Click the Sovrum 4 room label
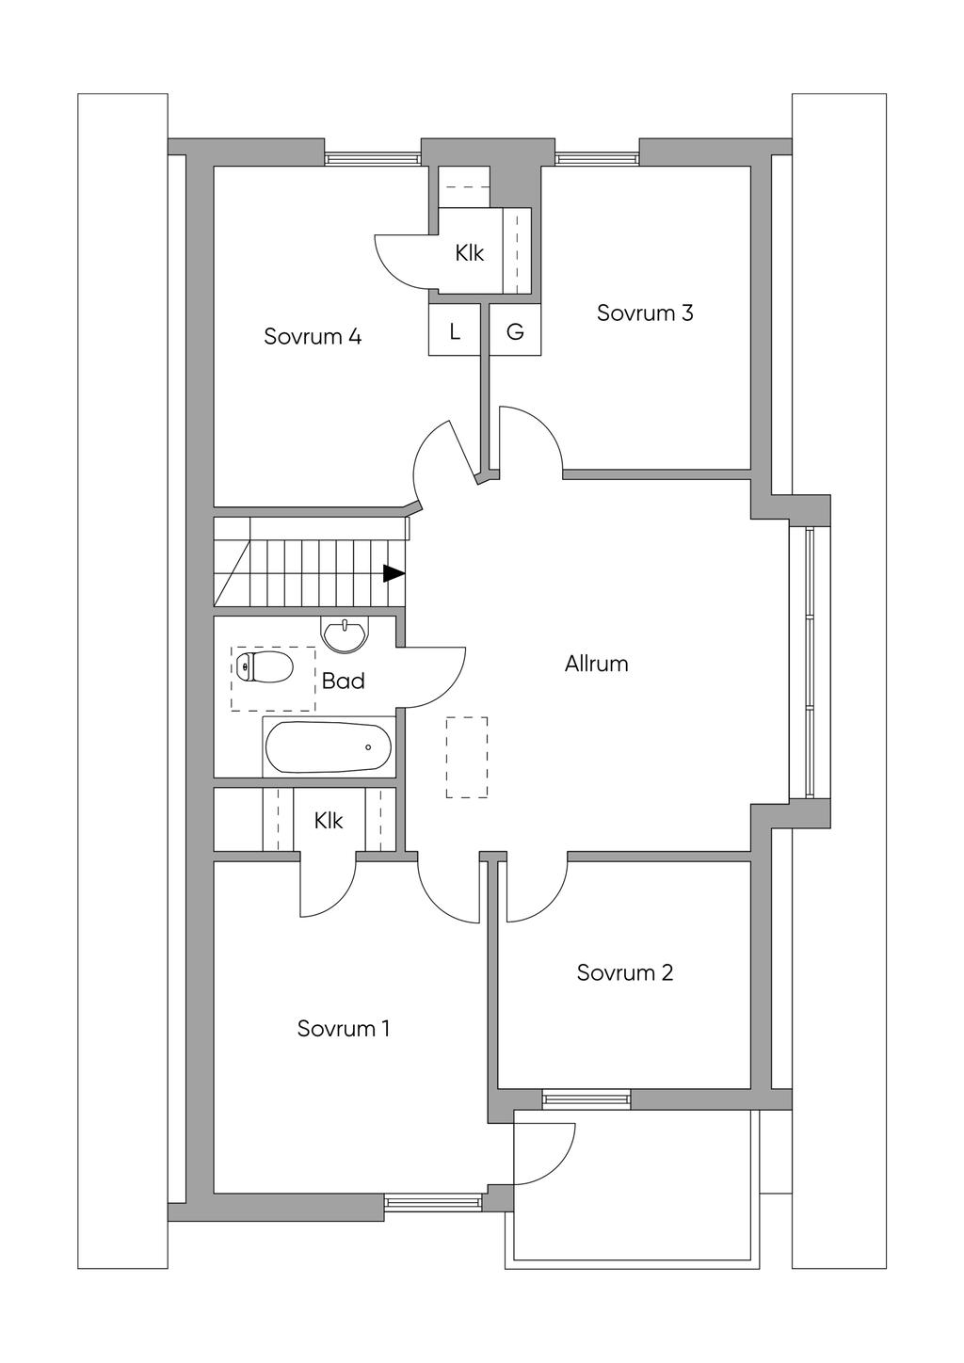(x=313, y=336)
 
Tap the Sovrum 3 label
(x=645, y=313)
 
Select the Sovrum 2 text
(x=625, y=972)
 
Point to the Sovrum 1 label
(x=343, y=1028)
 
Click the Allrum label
(x=597, y=664)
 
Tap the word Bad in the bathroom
(x=344, y=681)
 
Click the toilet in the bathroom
(x=265, y=667)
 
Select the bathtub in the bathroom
(x=328, y=746)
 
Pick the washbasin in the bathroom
(x=345, y=635)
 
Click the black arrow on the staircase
(x=394, y=573)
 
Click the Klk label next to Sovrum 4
(x=469, y=252)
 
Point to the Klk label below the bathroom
(x=329, y=821)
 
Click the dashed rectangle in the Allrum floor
(x=467, y=758)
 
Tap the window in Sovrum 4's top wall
(x=373, y=159)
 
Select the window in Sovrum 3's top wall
(x=597, y=159)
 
